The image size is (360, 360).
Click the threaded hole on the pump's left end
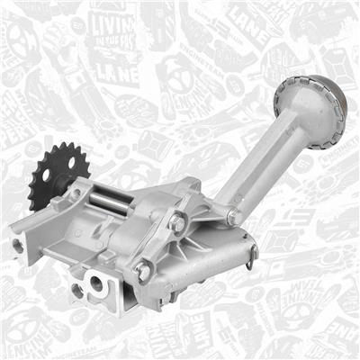[17, 244]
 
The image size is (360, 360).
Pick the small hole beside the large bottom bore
[76, 290]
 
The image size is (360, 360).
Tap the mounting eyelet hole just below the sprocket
[76, 194]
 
